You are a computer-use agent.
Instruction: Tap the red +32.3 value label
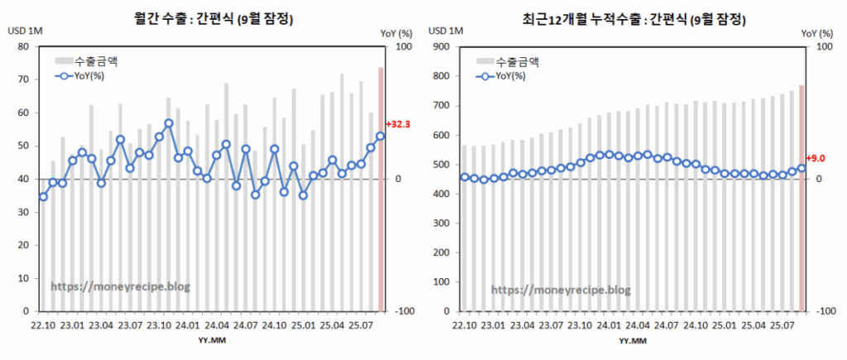tap(399, 123)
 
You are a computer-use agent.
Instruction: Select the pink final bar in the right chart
tap(802, 198)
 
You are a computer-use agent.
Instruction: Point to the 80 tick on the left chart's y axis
tap(23, 46)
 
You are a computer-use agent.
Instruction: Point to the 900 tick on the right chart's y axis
tap(442, 46)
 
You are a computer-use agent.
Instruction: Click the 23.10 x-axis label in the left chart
tap(160, 324)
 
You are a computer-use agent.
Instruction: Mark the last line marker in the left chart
tap(380, 136)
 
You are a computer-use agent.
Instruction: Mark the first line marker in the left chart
tap(43, 196)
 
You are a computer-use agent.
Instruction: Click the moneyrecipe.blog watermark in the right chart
tap(561, 290)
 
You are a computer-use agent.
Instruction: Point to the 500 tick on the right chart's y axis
tap(442, 164)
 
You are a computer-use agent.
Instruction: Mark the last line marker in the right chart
tap(802, 168)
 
